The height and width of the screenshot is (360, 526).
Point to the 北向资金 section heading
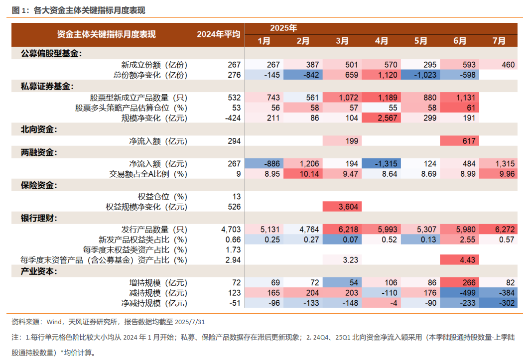coord(39,130)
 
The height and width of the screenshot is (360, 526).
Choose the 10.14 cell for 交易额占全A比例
coord(303,174)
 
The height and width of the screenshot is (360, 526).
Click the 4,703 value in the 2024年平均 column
coord(231,229)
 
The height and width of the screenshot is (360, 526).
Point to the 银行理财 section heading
coord(39,218)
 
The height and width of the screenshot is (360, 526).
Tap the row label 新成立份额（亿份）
coord(154,64)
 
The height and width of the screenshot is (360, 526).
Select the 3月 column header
coord(342,41)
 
